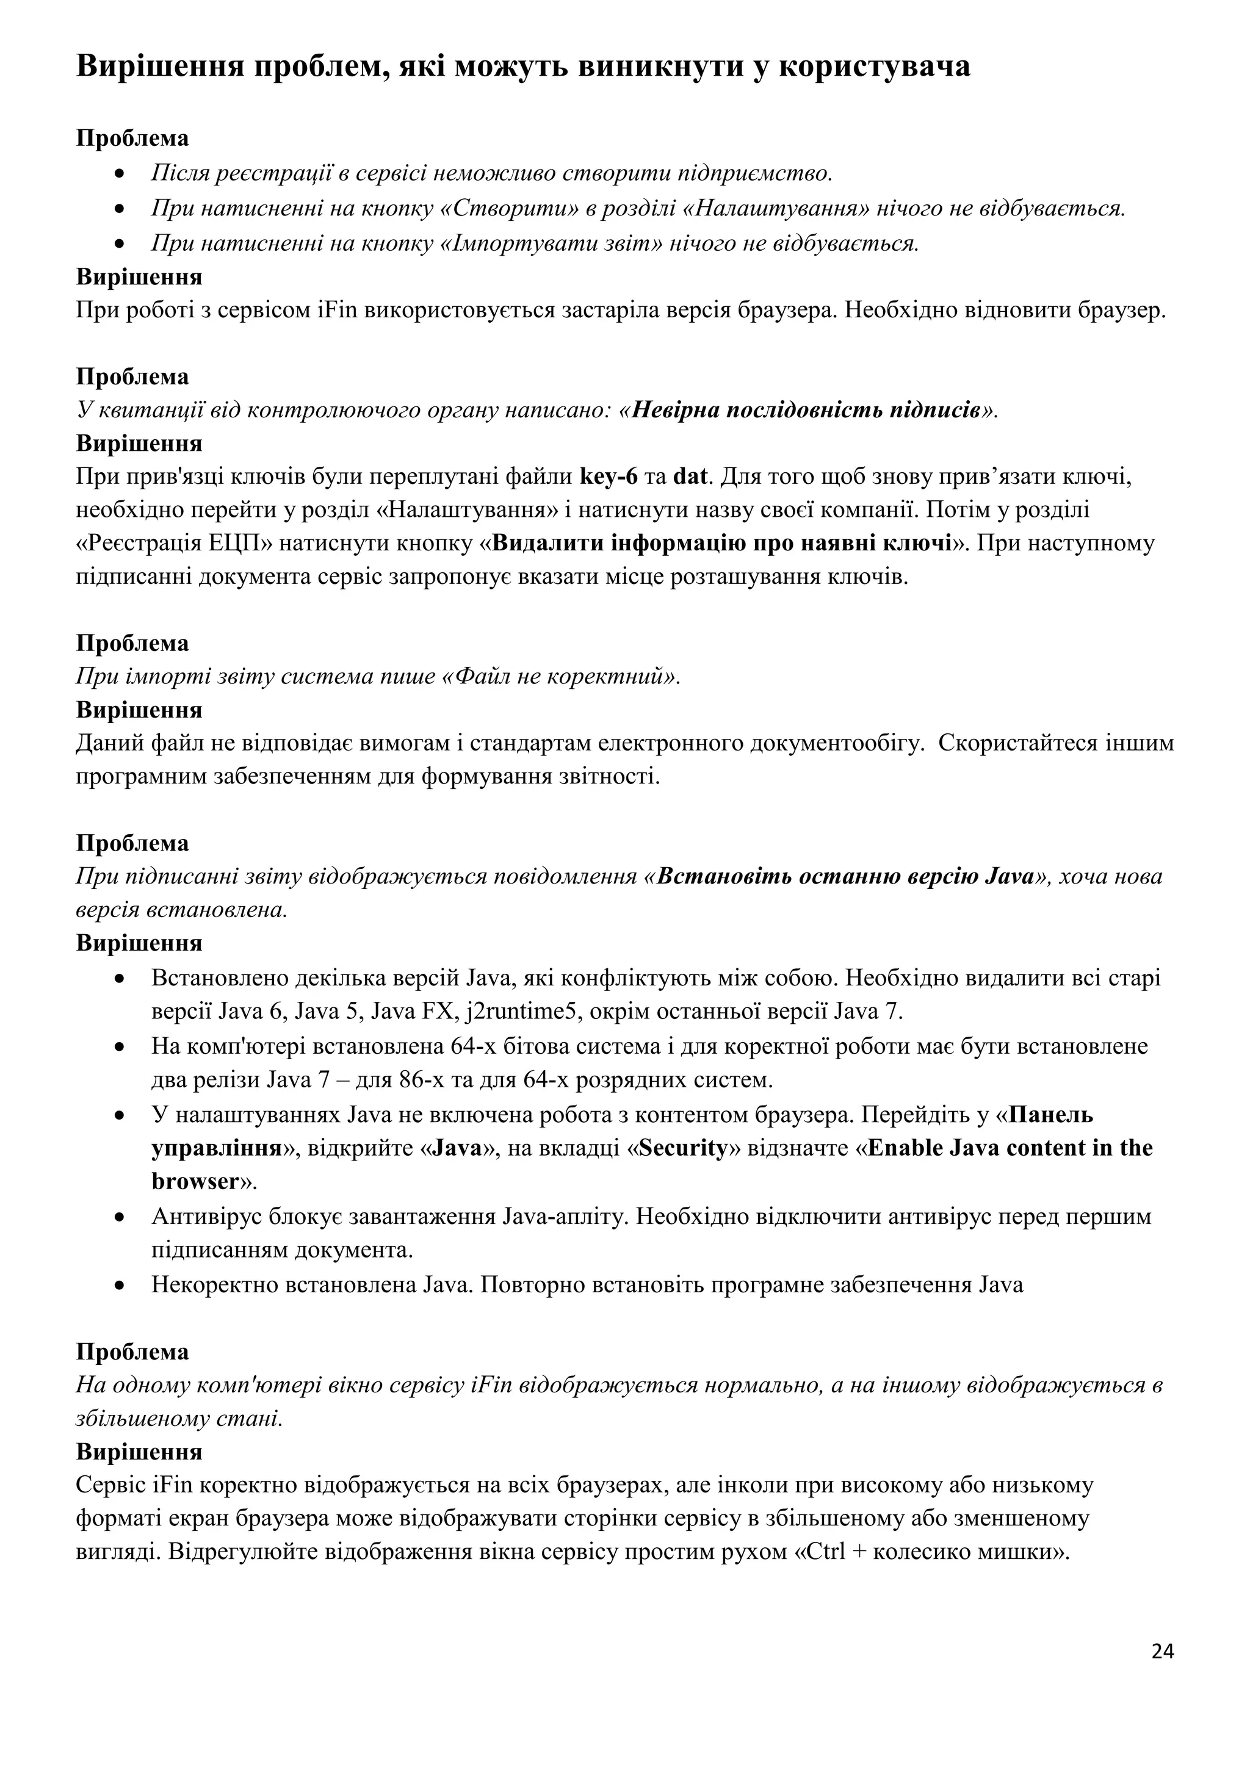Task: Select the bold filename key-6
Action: tap(608, 477)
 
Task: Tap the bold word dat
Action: tap(690, 477)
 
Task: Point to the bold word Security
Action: tap(683, 1148)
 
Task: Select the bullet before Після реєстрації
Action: tap(118, 175)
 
